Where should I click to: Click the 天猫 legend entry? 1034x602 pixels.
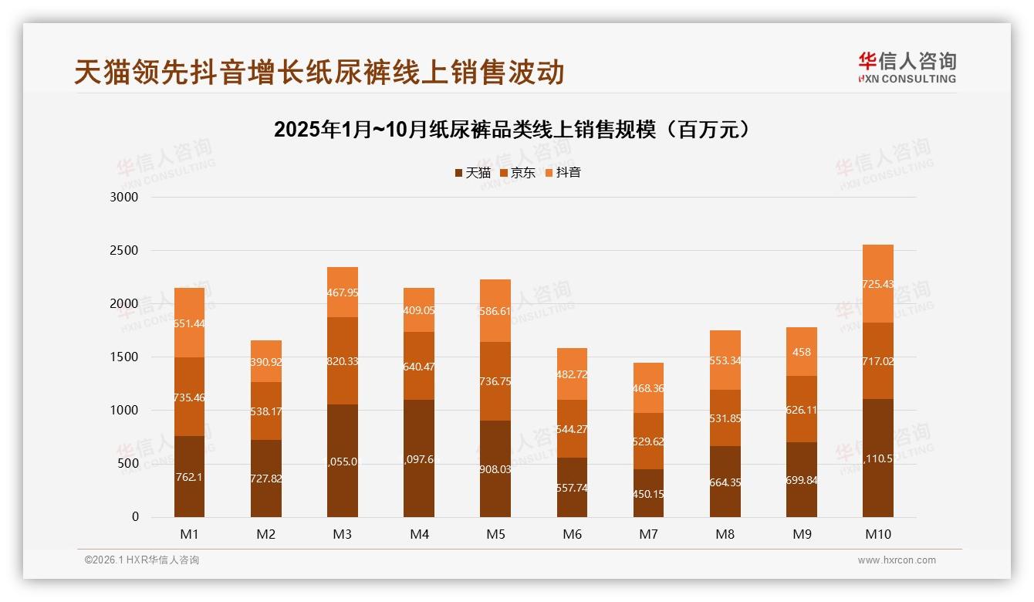pyautogui.click(x=472, y=173)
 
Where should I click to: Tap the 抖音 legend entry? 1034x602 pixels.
pyautogui.click(x=563, y=173)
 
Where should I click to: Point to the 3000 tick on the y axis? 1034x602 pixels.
pyautogui.click(x=124, y=198)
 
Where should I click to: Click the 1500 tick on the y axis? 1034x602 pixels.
pyautogui.click(x=124, y=357)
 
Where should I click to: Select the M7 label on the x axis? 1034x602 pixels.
pyautogui.click(x=647, y=534)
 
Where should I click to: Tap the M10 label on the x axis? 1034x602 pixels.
pyautogui.click(x=877, y=534)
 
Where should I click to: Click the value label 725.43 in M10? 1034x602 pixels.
pyautogui.click(x=878, y=284)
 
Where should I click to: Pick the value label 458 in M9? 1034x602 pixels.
pyautogui.click(x=802, y=352)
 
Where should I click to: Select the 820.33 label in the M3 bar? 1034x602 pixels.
pyautogui.click(x=343, y=361)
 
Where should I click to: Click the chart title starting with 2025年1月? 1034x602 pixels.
pyautogui.click(x=512, y=130)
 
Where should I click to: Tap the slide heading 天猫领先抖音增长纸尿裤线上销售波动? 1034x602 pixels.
pyautogui.click(x=319, y=72)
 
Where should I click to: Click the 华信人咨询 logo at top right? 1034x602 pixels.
pyautogui.click(x=907, y=67)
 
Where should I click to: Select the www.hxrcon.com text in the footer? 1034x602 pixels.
pyautogui.click(x=897, y=560)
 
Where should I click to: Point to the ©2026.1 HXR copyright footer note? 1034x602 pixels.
pyautogui.click(x=142, y=560)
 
